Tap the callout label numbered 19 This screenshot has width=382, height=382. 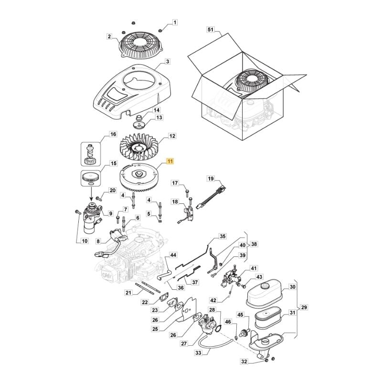(x=211, y=179)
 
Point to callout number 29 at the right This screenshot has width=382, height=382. (x=305, y=308)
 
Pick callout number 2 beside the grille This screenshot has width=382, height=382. (x=109, y=36)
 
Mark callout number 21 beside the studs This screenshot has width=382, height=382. (x=128, y=292)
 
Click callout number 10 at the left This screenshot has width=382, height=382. (x=85, y=241)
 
